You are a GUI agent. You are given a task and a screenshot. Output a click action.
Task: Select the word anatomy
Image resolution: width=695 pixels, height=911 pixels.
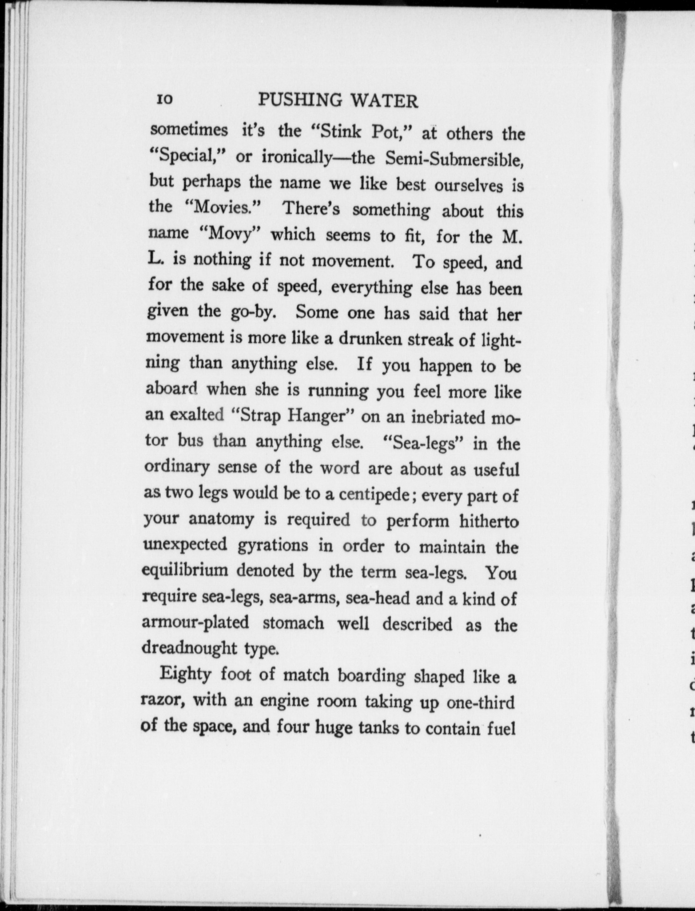(223, 519)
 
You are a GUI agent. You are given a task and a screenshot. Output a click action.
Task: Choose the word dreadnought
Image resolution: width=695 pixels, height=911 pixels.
(189, 648)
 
